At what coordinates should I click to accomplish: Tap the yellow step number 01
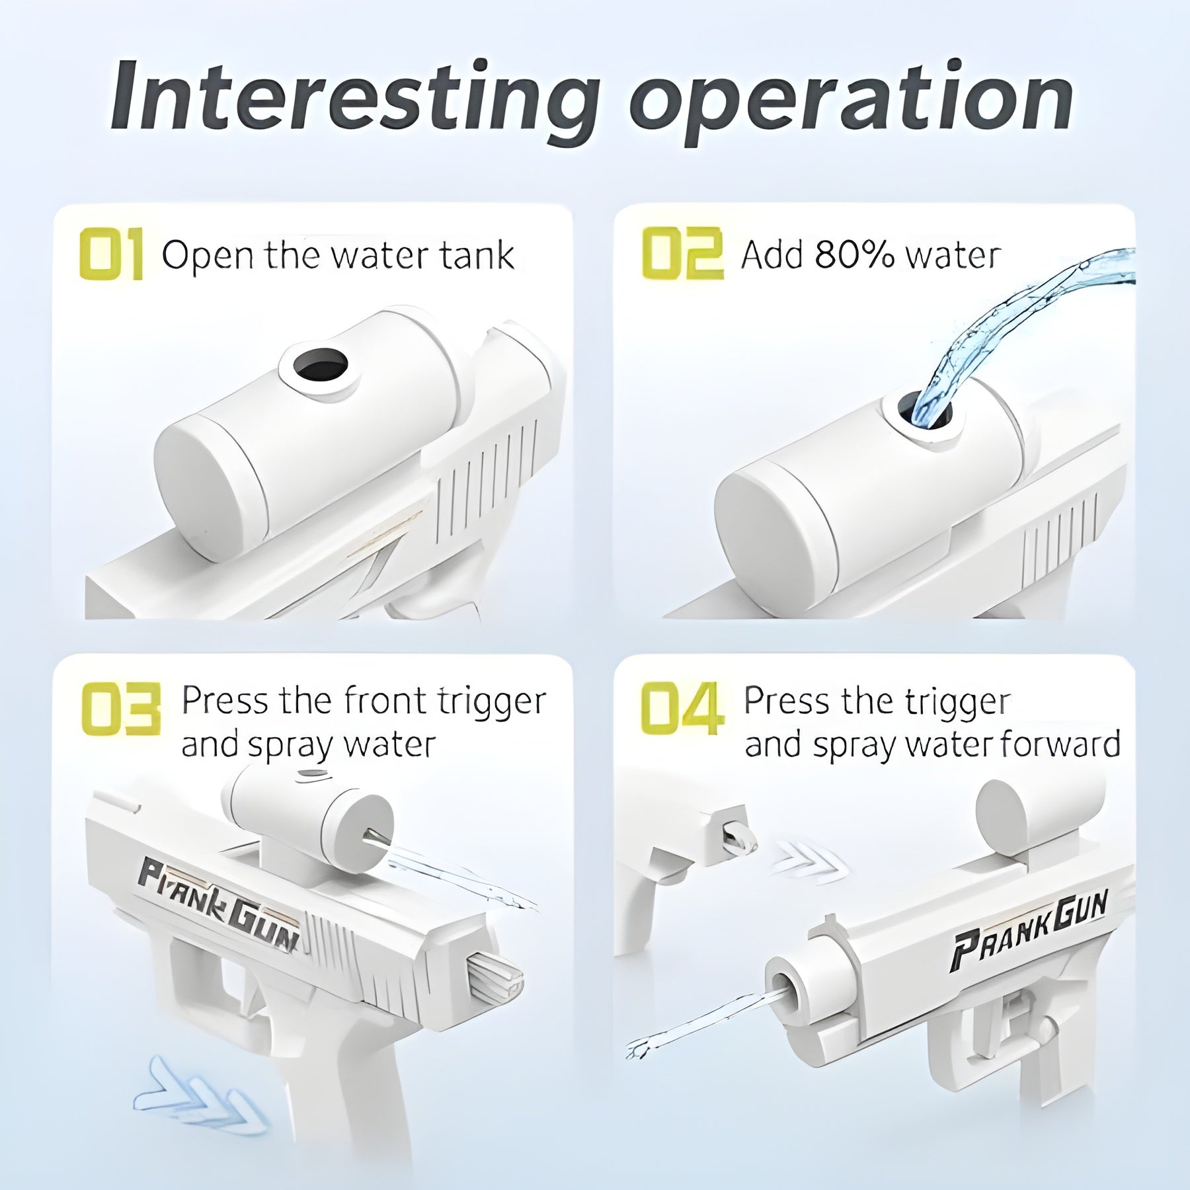(x=110, y=254)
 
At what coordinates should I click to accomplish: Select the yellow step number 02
(x=682, y=254)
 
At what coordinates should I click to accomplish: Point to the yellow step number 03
(x=121, y=709)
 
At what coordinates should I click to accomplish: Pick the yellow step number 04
(x=682, y=709)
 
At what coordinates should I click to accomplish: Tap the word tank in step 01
(x=479, y=255)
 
